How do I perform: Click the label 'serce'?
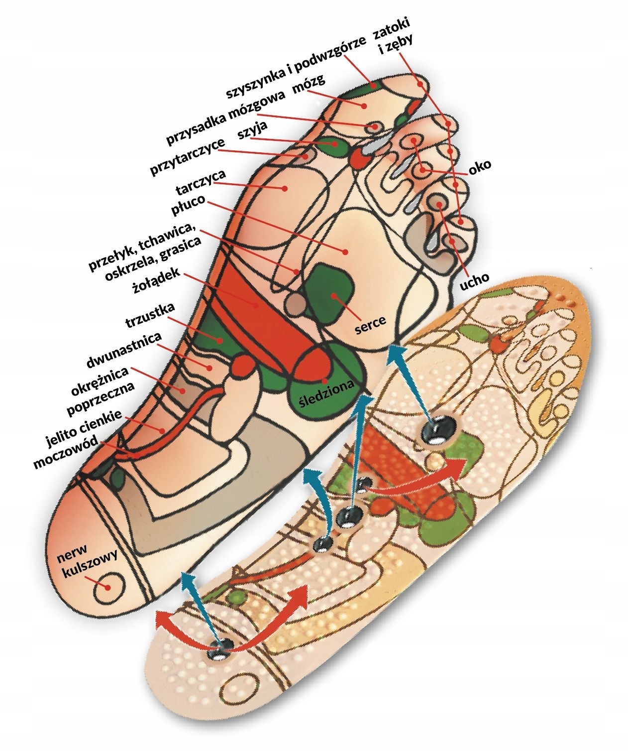click(371, 322)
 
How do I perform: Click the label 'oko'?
click(480, 166)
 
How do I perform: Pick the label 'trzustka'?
click(150, 316)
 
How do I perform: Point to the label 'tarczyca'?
click(201, 182)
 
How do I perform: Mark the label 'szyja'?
click(253, 130)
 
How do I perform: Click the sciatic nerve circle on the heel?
click(108, 586)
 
